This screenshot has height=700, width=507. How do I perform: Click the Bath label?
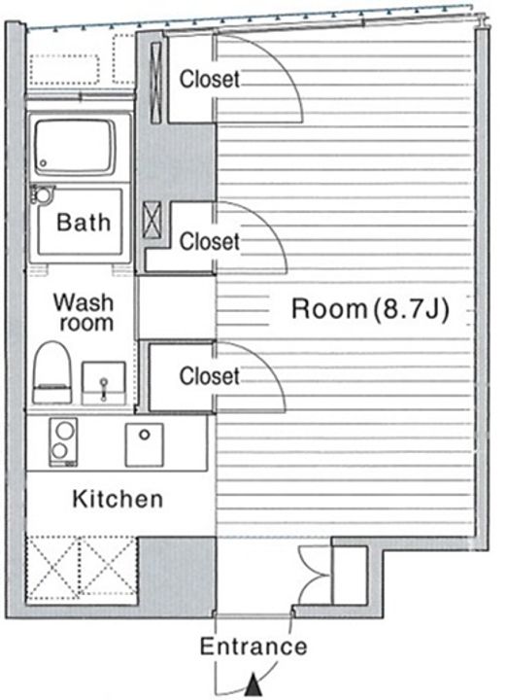click(84, 222)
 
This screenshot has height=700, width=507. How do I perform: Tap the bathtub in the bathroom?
click(74, 147)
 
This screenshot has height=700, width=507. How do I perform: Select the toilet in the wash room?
click(52, 372)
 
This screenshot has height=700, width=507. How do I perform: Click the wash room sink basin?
click(104, 383)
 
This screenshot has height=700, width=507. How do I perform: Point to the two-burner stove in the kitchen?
click(63, 442)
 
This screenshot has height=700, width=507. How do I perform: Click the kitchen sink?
click(144, 444)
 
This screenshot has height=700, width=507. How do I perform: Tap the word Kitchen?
click(118, 499)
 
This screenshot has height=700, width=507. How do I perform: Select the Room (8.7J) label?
click(370, 308)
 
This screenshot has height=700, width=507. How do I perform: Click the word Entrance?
click(253, 646)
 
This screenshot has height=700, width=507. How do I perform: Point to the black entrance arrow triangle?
click(253, 685)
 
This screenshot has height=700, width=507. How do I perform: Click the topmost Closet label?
click(210, 79)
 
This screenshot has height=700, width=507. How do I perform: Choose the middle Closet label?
click(210, 241)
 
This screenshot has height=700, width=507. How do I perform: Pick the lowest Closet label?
click(210, 376)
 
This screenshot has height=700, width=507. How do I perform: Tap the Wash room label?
click(84, 312)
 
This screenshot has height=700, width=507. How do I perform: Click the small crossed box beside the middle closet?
click(152, 220)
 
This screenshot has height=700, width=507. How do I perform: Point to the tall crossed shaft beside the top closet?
click(156, 83)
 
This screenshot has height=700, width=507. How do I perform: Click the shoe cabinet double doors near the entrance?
click(315, 575)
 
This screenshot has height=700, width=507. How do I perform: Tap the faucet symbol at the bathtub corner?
click(42, 195)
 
